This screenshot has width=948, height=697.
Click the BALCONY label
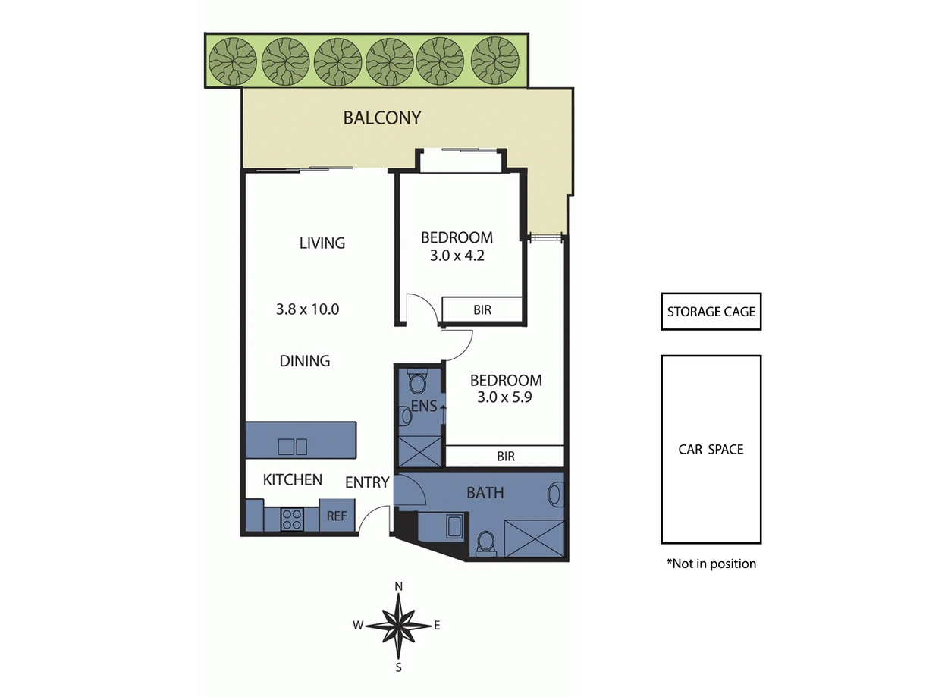381,118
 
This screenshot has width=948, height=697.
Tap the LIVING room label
322,243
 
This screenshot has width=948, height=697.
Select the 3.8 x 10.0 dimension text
307,309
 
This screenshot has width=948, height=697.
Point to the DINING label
305,361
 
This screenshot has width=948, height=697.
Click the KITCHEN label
293,479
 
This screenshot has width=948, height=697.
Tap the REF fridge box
337,516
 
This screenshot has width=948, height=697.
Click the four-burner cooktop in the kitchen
292,520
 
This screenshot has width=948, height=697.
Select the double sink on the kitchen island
292,447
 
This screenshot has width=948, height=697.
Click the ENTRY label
367,482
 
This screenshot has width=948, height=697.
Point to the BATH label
485,492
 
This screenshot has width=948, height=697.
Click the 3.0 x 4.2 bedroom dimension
457,256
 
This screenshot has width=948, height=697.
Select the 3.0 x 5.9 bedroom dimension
504,397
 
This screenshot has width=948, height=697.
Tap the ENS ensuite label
424,406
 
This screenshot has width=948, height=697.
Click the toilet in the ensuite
417,381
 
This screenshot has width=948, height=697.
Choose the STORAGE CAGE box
711,312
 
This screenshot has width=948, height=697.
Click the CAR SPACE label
711,449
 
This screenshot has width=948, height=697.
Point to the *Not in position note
711,564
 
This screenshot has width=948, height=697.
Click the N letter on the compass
399,586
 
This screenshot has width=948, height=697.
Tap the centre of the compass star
398,626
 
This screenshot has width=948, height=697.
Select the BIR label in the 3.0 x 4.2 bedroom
482,309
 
